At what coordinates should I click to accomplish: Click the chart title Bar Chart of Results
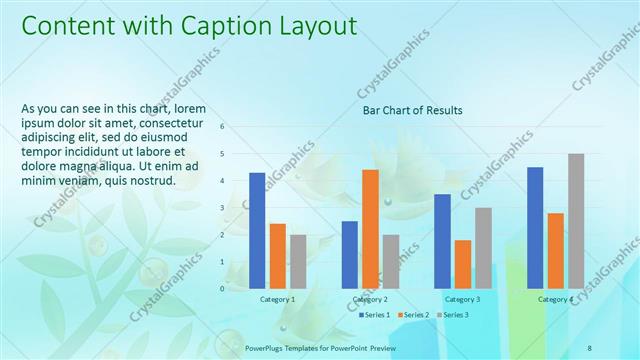(412, 109)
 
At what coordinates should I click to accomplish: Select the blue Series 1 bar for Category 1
(257, 230)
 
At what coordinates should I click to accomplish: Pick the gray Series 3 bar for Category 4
(576, 221)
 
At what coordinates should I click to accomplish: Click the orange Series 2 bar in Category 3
(462, 264)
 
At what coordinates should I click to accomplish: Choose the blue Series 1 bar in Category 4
(535, 227)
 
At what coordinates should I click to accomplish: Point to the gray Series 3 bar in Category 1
(298, 261)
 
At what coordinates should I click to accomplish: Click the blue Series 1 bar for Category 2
(350, 254)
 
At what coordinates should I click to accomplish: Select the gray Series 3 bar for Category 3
(483, 248)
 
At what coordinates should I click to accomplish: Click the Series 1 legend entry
(376, 315)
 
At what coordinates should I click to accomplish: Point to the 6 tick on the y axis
(222, 127)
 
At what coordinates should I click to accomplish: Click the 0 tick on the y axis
(222, 288)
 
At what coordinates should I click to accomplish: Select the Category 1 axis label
(277, 299)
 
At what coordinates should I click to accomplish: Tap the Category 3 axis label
(462, 299)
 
